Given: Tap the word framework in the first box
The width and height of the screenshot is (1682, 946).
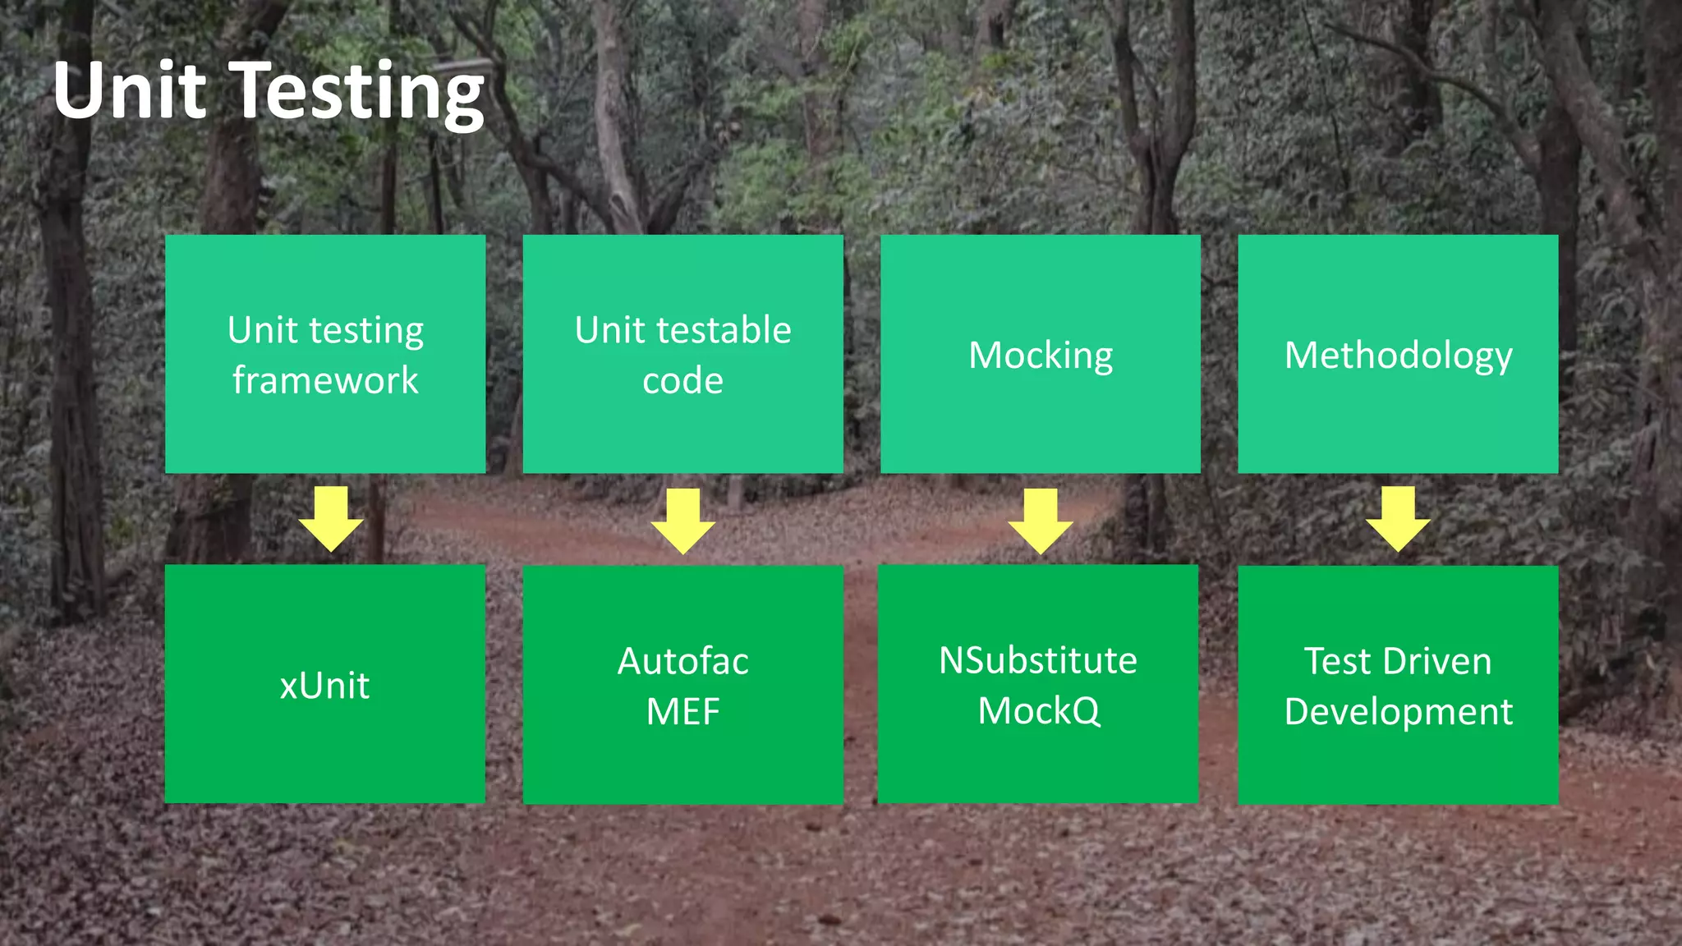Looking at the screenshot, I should tap(325, 381).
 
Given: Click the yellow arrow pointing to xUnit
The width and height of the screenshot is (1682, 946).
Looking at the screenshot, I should tap(331, 518).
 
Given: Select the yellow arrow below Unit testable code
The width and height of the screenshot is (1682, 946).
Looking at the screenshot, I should tap(683, 521).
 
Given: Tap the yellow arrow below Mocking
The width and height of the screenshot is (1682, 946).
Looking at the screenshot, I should tap(1041, 521).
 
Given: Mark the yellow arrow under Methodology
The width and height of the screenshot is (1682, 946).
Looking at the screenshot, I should tap(1398, 518).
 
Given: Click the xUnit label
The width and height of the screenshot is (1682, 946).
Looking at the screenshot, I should tap(324, 686).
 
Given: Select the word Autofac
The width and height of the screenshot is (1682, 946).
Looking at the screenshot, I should tap(682, 661).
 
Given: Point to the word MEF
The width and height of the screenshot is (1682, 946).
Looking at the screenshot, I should tap(682, 711).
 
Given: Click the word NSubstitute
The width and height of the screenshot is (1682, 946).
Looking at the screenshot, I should tap(1038, 660).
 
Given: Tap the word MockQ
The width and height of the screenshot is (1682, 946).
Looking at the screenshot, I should tap(1038, 711).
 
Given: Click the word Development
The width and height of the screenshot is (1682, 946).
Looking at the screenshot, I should tap(1398, 712).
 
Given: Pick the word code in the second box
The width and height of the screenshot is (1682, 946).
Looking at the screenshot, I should tap(682, 381).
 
